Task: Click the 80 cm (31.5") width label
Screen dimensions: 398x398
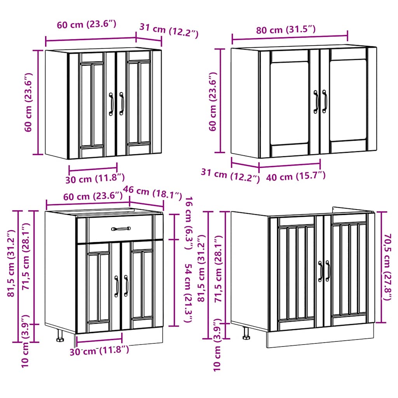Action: pos(286,30)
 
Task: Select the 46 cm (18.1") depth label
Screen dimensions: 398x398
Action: pos(152,192)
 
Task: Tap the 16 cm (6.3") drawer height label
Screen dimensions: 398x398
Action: pos(188,220)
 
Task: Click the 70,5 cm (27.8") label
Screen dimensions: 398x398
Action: pos(386,267)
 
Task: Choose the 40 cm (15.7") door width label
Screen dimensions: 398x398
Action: pos(296,176)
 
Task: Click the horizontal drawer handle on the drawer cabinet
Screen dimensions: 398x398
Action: pos(121,229)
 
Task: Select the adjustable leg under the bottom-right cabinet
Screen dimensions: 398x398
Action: pos(246,333)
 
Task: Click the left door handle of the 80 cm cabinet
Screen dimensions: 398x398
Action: pos(316,102)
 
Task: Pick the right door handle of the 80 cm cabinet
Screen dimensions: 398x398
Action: pos(325,102)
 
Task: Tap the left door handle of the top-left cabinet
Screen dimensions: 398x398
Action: pos(111,104)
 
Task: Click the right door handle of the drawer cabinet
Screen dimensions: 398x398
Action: pos(126,286)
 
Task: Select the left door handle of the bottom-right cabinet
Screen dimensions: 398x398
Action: pos(321,271)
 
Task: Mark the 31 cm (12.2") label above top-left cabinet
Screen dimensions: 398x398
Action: pos(169,31)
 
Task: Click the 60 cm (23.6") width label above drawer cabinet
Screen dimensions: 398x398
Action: pos(93,196)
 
